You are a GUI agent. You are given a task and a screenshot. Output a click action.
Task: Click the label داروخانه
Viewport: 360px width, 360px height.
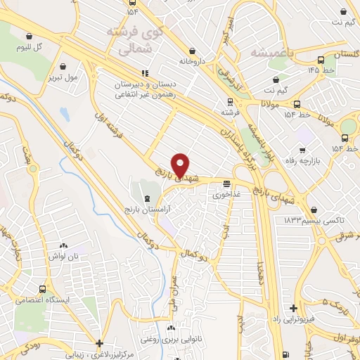coord(191,61)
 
